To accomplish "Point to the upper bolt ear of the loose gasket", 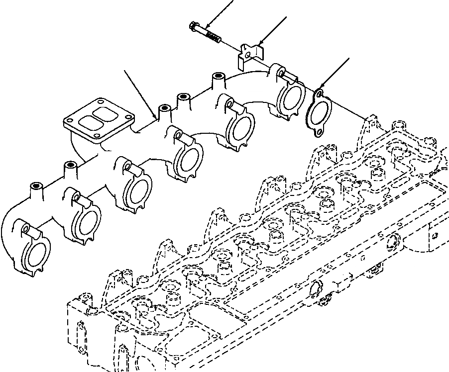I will click(317, 93).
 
